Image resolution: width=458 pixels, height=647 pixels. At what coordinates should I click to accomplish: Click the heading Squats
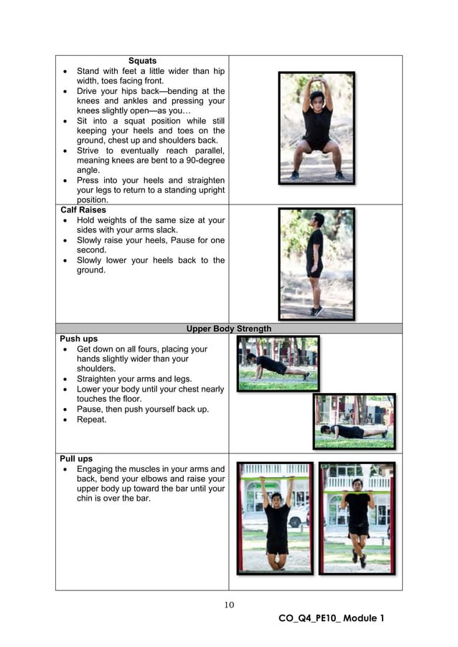[x=142, y=61]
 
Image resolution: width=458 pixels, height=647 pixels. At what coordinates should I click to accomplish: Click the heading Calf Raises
[x=83, y=210]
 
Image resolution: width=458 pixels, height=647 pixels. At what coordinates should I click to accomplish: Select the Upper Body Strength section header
[x=228, y=329]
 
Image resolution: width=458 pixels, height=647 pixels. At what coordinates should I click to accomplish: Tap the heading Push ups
[x=79, y=339]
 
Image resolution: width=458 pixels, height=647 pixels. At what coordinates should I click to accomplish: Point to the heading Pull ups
[x=76, y=458]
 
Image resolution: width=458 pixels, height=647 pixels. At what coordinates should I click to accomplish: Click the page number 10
[x=229, y=605]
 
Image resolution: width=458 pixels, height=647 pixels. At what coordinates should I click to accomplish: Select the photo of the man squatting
[x=317, y=128]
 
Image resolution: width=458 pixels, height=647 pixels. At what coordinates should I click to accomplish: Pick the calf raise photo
[x=317, y=263]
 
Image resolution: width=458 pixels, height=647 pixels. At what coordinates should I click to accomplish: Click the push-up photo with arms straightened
[x=279, y=363]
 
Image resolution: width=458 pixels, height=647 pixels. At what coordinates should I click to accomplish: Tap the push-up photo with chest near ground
[x=354, y=420]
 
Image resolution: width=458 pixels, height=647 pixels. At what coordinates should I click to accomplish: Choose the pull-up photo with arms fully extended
[x=276, y=518]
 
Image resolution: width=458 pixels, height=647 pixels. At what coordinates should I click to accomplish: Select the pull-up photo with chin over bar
[x=357, y=518]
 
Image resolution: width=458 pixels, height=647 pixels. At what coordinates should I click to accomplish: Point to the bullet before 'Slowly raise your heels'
[x=65, y=240]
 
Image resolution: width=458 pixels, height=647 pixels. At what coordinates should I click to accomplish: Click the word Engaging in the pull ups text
[x=96, y=469]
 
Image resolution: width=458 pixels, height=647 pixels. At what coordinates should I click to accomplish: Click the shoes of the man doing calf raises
[x=317, y=311]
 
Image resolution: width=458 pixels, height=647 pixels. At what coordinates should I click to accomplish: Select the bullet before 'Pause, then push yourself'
[x=65, y=410]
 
